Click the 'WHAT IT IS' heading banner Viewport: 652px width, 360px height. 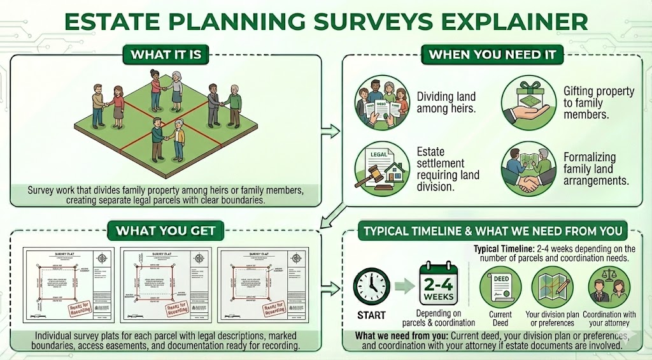coord(166,55)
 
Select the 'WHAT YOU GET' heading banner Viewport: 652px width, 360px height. coord(166,231)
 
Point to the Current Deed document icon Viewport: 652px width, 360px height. coord(500,284)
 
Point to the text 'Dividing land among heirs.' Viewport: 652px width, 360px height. coord(446,103)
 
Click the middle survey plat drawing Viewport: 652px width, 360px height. coord(166,282)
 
